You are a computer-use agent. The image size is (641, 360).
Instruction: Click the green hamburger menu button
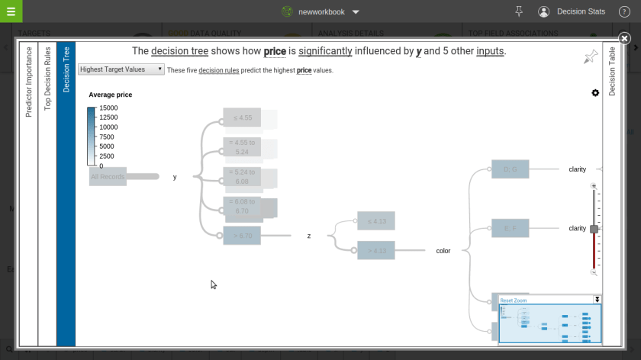[x=11, y=11]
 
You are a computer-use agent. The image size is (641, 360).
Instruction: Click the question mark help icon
[x=624, y=11]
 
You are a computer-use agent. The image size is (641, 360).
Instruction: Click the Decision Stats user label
[x=581, y=11]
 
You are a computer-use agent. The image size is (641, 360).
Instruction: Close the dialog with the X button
[x=624, y=38]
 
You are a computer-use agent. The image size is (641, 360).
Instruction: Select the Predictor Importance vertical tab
[x=29, y=82]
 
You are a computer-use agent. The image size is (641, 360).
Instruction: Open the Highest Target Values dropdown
[x=121, y=69]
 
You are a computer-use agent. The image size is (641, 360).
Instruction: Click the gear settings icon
[x=595, y=92]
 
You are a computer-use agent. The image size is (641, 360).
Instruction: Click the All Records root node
[x=107, y=177]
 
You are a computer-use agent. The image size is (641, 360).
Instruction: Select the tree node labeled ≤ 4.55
[x=242, y=117]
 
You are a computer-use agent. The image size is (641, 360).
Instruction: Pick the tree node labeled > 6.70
[x=242, y=236]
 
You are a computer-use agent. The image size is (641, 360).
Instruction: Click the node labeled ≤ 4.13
[x=376, y=221]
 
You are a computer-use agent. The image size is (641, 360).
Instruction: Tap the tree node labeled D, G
[x=511, y=169]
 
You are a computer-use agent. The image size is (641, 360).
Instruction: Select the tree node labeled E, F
[x=511, y=228]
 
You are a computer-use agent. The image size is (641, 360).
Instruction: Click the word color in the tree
[x=443, y=251]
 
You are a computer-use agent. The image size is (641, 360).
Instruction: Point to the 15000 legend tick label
[x=108, y=108]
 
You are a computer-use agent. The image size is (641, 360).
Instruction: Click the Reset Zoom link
[x=514, y=301]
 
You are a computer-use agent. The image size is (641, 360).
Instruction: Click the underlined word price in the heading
[x=275, y=51]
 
